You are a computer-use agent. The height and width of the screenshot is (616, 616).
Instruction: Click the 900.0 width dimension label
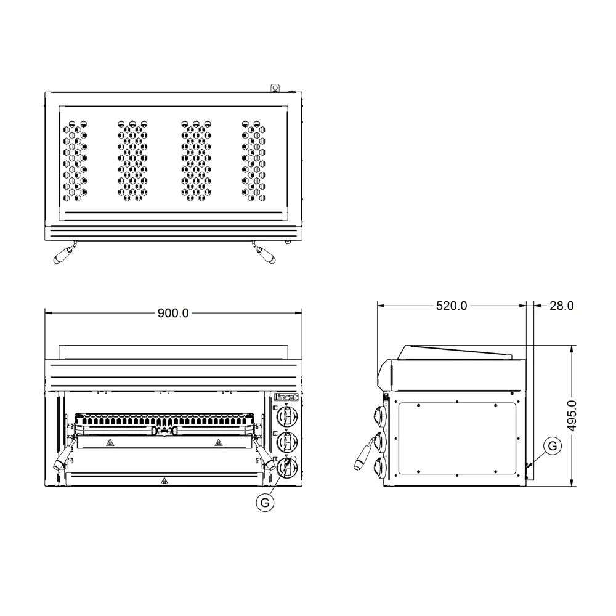click(173, 313)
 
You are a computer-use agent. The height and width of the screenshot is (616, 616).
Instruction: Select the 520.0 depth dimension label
click(452, 306)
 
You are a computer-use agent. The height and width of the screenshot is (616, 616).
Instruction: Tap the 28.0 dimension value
click(561, 306)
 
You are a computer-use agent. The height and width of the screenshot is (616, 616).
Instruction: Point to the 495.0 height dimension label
click(572, 416)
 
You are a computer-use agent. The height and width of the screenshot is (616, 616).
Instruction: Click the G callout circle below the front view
click(265, 503)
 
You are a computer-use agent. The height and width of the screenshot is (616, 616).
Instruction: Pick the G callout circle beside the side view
click(553, 445)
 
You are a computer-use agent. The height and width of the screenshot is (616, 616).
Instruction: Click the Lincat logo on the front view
click(286, 397)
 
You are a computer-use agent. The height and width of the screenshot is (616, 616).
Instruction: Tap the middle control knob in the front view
click(287, 442)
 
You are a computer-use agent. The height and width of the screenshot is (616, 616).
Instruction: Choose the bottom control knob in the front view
click(287, 468)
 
